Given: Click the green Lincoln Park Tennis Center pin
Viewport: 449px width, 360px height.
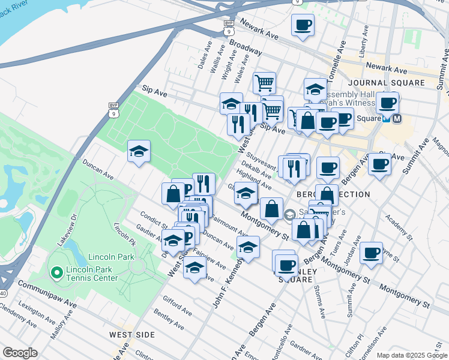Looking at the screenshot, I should [x=56, y=273].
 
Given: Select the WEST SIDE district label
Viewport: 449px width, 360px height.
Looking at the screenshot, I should [x=132, y=334].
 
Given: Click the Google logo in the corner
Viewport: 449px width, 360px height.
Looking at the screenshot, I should [x=20, y=353].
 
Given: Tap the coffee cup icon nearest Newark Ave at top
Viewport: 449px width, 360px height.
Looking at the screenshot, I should [x=303, y=26].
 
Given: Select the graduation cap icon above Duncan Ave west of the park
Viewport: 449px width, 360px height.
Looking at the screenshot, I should [x=139, y=151].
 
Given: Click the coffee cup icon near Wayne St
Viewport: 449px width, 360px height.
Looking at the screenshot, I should [x=372, y=253].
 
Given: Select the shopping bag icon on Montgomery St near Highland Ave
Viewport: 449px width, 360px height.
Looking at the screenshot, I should [x=271, y=209].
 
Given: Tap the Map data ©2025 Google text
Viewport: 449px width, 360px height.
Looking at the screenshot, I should [x=411, y=355].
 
